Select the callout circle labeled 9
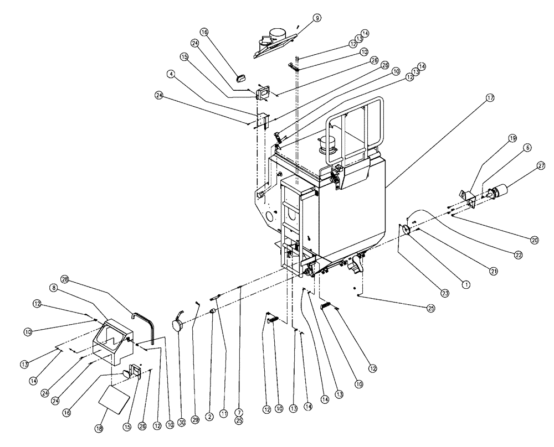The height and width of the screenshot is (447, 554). [317, 18]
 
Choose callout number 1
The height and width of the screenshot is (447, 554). [465, 283]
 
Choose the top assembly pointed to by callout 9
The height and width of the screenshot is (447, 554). [274, 42]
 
